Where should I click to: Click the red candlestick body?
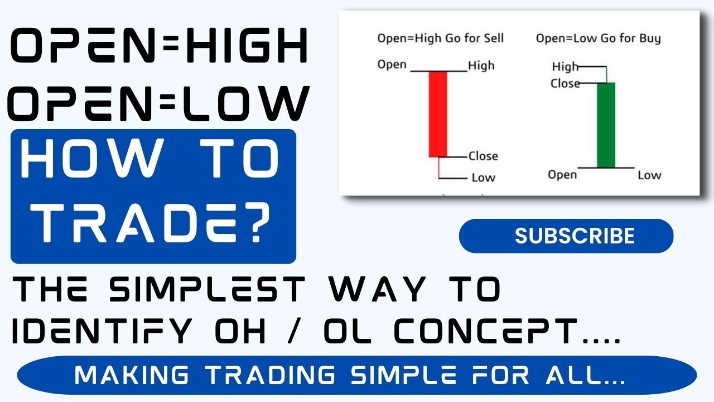tap(437, 114)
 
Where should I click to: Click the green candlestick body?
tap(606, 125)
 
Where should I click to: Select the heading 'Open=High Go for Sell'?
tap(440, 39)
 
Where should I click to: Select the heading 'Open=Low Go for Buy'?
tap(598, 39)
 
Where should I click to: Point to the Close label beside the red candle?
tap(483, 156)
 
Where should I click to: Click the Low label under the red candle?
tap(483, 178)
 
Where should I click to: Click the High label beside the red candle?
tap(481, 65)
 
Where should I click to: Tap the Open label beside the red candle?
tap(392, 64)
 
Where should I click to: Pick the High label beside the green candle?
tap(565, 67)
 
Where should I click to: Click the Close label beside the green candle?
tap(565, 84)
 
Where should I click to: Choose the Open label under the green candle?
tap(562, 175)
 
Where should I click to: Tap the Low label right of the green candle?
tap(649, 175)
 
